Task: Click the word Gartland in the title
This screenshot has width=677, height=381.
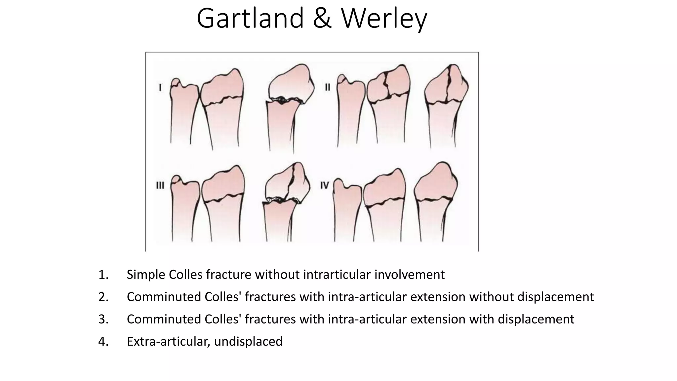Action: click(250, 19)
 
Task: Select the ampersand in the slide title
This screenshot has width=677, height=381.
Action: click(323, 19)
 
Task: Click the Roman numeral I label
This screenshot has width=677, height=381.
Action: click(160, 88)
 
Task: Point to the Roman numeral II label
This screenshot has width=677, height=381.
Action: click(327, 87)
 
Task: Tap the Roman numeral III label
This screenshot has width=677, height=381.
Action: click(160, 185)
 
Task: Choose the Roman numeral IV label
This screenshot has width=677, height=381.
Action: click(325, 186)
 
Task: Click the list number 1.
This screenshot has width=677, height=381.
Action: click(103, 275)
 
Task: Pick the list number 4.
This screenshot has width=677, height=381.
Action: click(103, 341)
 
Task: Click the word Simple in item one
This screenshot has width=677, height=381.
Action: click(146, 275)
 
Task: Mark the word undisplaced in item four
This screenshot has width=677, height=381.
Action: click(248, 341)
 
